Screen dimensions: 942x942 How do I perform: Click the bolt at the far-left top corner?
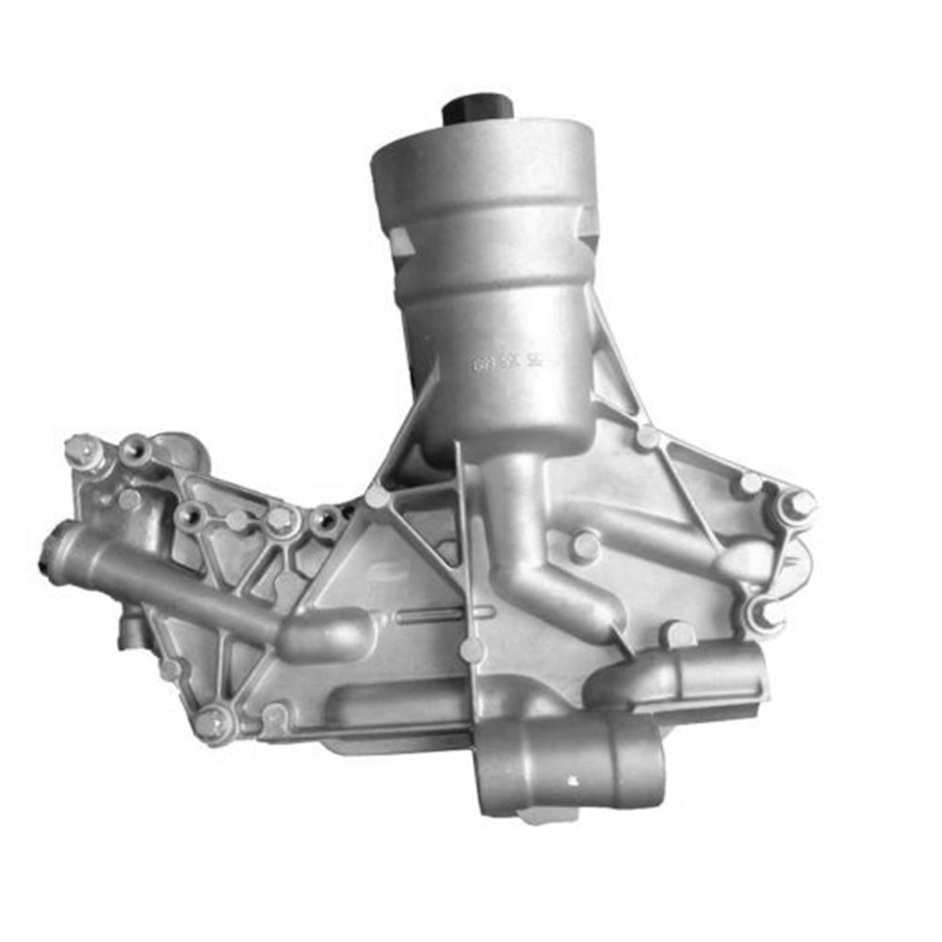[83, 450]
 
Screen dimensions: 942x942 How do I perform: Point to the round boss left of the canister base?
[378, 496]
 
